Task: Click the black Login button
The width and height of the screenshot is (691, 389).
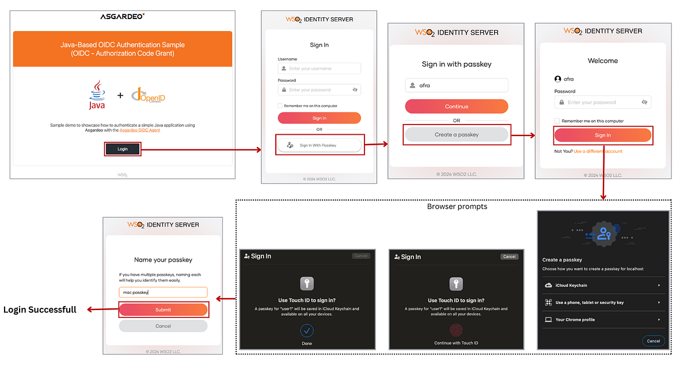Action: pos(122,149)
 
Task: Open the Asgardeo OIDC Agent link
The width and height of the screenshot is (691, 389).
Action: pos(139,130)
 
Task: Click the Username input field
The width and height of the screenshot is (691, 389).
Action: pos(319,69)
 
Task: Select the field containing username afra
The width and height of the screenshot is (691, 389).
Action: pos(456,85)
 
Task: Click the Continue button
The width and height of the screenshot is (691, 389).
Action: pos(456,107)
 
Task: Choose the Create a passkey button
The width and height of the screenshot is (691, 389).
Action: pos(456,135)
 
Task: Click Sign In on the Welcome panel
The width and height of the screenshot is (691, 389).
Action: pos(602,135)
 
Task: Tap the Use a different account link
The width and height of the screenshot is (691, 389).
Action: pos(598,152)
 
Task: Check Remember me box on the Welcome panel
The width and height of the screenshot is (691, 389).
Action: pos(557,121)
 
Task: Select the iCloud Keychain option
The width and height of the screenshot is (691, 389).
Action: pos(602,285)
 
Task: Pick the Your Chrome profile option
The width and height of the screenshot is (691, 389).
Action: pos(602,319)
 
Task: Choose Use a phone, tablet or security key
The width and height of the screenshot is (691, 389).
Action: pos(602,303)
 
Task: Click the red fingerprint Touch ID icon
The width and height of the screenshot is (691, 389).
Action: pos(456,330)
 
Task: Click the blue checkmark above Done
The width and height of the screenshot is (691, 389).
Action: pos(307,330)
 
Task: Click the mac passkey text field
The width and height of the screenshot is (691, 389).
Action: pos(163,292)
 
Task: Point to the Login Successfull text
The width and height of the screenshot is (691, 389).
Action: pos(40,309)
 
